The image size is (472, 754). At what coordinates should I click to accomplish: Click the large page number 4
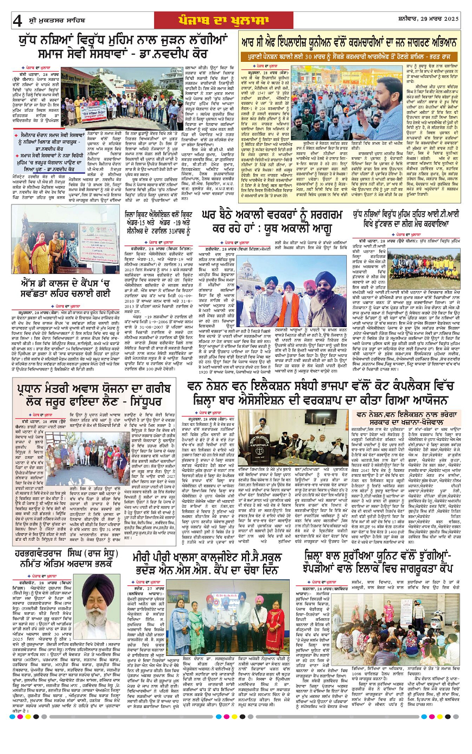(17, 20)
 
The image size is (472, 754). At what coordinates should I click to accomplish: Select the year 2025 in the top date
(450, 19)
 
